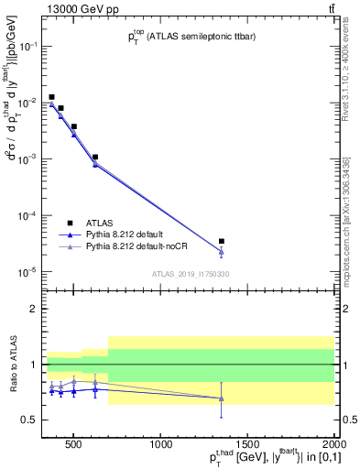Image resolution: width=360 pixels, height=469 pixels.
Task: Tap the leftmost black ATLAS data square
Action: (51, 97)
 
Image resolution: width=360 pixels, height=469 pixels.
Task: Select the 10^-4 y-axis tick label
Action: (27, 215)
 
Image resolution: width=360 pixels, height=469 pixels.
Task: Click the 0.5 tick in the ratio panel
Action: (29, 420)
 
